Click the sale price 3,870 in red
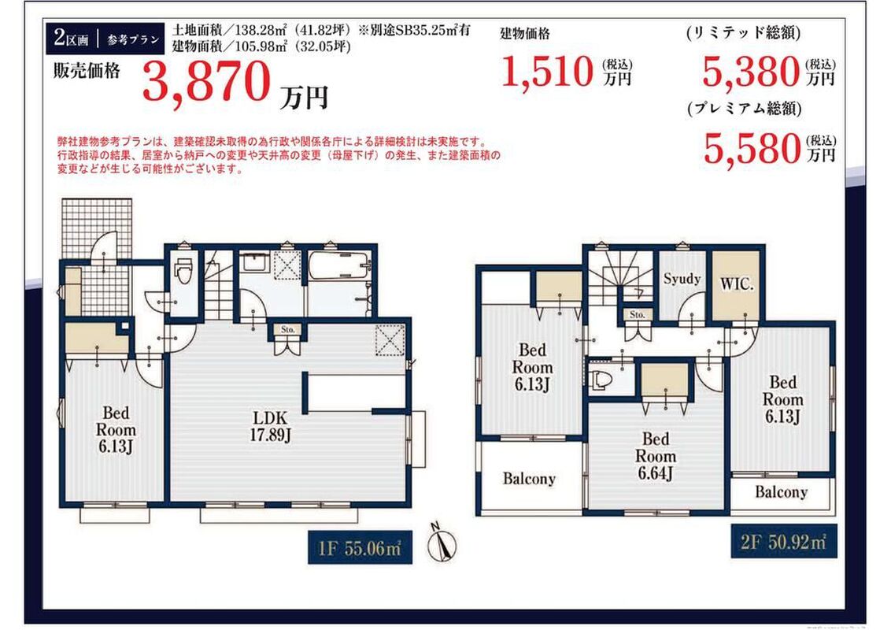tap(205, 81)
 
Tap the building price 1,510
tap(547, 72)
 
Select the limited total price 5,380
tap(751, 72)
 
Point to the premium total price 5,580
tap(751, 148)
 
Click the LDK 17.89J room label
tap(271, 427)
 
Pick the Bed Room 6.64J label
tap(655, 456)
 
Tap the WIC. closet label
tap(737, 283)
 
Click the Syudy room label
tap(682, 279)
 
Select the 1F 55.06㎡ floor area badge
tap(359, 547)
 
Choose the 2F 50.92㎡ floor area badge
tap(783, 541)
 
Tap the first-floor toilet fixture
tap(183, 271)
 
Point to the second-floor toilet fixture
tap(600, 380)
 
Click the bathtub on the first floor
tap(339, 265)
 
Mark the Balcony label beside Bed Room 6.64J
tap(528, 479)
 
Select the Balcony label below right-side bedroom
tap(781, 492)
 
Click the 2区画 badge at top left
tap(72, 39)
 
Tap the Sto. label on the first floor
tap(287, 329)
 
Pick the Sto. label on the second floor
tap(637, 314)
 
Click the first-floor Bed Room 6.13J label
tap(116, 430)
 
